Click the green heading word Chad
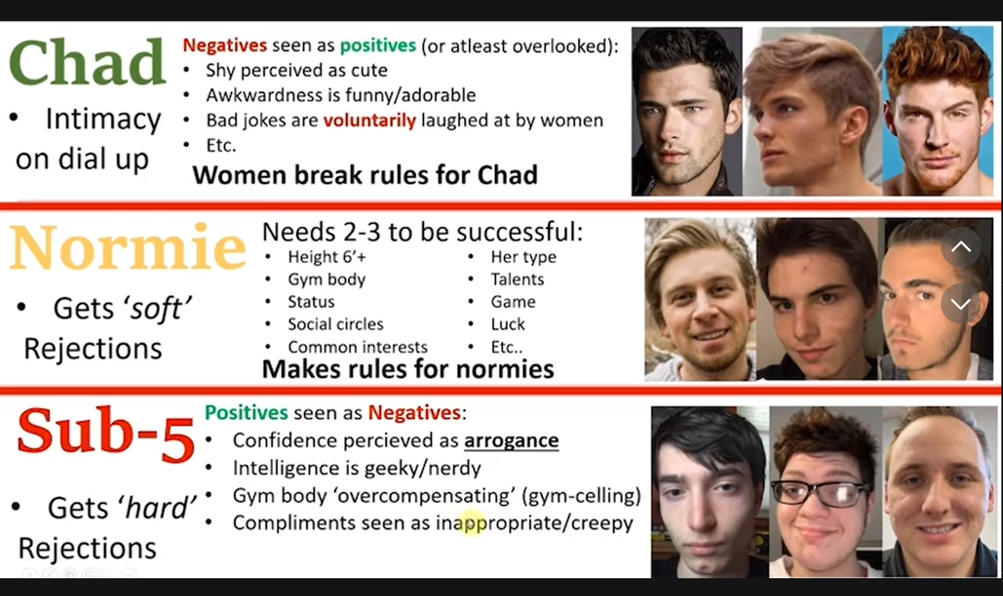87,62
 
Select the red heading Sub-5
106,435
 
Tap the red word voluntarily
369,120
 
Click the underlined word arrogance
511,441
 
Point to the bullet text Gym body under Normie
326,279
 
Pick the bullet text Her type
523,257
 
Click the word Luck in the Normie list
507,324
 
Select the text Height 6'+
327,257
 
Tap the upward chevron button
960,247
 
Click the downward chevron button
960,304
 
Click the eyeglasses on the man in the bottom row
820,493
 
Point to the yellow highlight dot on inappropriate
471,523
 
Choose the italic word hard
157,508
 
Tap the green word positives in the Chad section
378,45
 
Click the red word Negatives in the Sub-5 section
414,413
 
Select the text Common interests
357,347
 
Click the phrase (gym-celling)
581,496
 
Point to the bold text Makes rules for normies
408,369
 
